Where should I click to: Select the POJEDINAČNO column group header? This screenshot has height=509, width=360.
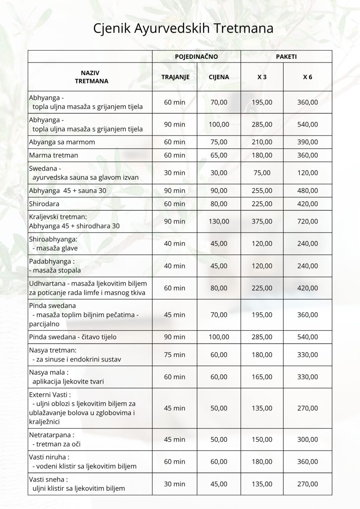[196, 57]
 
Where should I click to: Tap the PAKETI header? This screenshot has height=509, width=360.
[286, 57]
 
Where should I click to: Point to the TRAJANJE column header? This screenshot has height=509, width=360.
[175, 77]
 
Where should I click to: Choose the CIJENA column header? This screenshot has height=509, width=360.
[219, 77]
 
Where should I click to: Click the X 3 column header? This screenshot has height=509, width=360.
[262, 77]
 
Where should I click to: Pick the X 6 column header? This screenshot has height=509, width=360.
[307, 77]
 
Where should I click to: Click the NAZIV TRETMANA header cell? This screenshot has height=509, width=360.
[90, 77]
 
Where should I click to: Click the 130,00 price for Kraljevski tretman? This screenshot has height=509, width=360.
[219, 221]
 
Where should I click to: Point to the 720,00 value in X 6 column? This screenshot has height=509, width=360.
[307, 221]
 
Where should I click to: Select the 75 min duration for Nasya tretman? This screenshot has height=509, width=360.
[175, 355]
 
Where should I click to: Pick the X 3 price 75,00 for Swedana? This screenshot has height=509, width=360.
[262, 173]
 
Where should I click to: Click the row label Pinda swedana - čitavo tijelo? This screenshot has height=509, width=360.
[73, 337]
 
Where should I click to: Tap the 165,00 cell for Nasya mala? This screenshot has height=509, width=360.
[262, 377]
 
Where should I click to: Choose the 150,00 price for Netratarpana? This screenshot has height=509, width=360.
[262, 439]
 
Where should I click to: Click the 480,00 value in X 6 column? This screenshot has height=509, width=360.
[307, 191]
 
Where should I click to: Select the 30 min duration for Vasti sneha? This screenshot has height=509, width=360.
[175, 484]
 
